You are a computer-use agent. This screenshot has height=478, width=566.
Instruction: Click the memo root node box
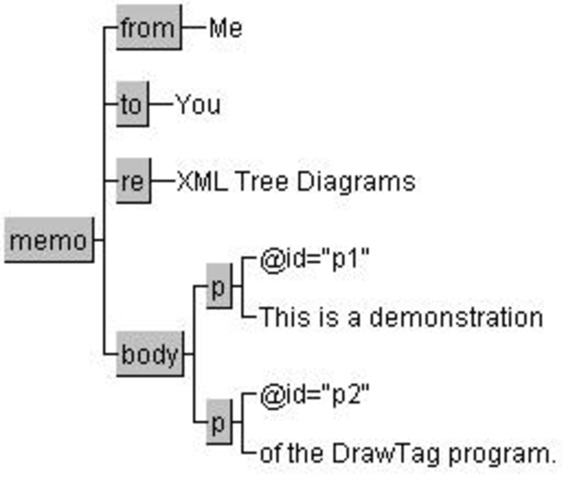point(49,239)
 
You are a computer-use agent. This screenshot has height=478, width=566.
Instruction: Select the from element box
point(149,27)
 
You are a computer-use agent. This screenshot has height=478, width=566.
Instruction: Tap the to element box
point(133,104)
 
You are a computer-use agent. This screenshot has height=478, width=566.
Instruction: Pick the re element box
point(134,181)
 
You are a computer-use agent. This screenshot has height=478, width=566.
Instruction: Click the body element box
point(150,354)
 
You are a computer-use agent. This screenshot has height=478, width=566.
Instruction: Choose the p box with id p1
point(219,286)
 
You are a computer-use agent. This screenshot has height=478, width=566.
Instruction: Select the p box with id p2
point(219,422)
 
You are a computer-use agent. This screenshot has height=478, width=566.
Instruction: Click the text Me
point(226,28)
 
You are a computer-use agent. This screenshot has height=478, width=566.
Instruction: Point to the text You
point(198,105)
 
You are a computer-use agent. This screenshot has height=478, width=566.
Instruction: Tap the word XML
point(203,181)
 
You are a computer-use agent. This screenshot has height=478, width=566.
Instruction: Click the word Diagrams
point(356,181)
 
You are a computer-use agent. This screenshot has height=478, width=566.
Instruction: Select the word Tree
point(262,181)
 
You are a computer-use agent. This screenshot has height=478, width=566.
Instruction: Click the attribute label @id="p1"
point(315,259)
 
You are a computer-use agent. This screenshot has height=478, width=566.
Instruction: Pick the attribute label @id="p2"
point(315,394)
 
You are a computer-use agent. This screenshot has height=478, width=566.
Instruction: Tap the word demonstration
point(456,317)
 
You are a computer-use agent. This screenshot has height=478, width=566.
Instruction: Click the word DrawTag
point(386,453)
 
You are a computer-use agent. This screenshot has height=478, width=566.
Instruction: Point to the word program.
point(502,454)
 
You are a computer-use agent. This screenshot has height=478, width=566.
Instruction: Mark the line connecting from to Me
point(194,27)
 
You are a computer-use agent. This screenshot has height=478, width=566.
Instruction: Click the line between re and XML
point(163,181)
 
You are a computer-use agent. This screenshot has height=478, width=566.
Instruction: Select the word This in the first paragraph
point(285,317)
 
